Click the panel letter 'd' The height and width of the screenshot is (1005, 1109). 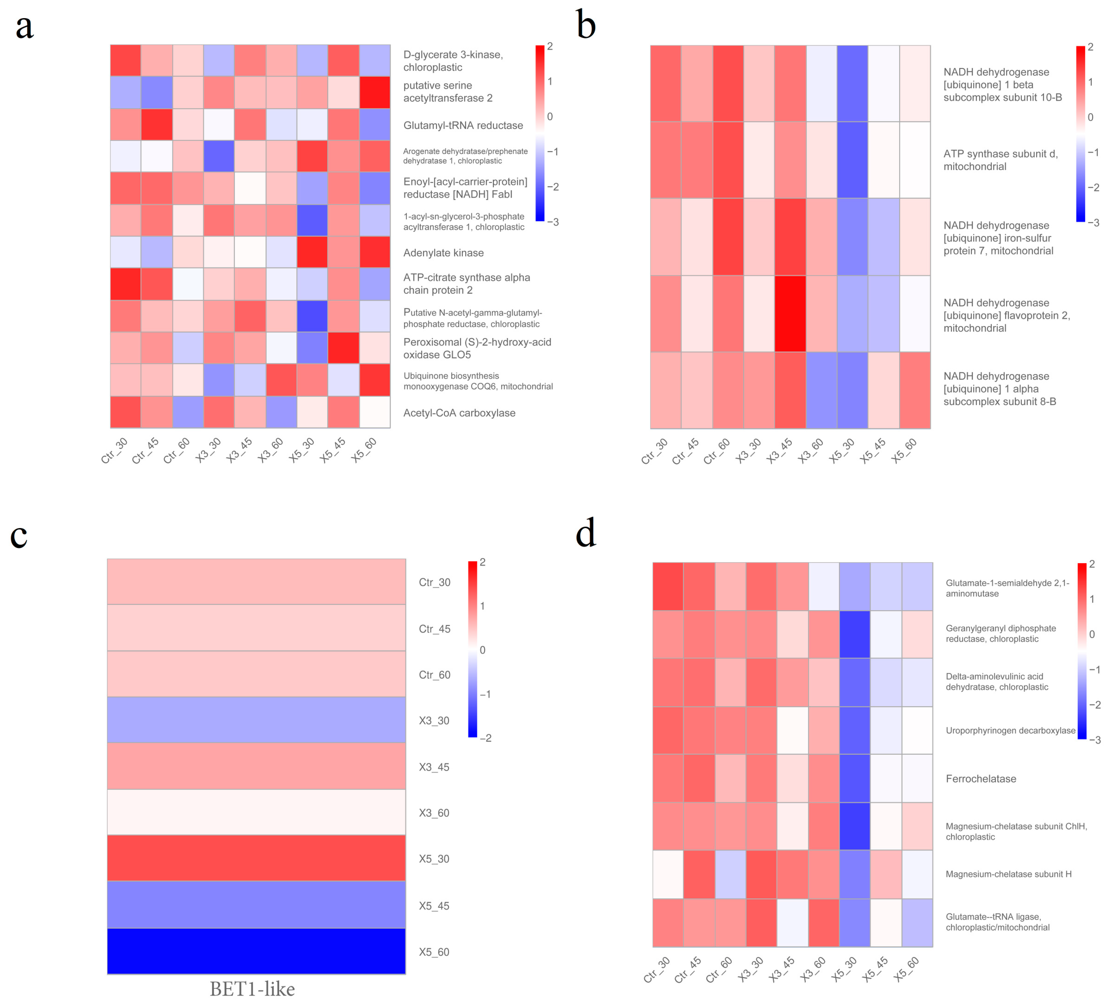[586, 534]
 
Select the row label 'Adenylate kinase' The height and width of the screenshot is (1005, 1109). [443, 253]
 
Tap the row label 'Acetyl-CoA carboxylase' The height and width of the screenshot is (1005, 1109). [459, 413]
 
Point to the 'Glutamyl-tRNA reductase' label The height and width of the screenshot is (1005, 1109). [463, 125]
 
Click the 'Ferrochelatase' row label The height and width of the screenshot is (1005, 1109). [981, 779]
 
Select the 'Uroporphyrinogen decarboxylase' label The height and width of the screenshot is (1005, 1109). [1010, 731]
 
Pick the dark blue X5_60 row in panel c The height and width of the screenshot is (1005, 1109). [256, 951]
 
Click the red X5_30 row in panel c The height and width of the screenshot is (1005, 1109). [256, 858]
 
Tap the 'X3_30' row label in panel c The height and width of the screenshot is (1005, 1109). [434, 721]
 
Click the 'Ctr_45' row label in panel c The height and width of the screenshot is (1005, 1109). [434, 629]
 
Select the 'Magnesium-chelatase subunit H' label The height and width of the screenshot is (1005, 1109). [1008, 874]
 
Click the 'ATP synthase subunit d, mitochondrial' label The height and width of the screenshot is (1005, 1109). [1000, 160]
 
